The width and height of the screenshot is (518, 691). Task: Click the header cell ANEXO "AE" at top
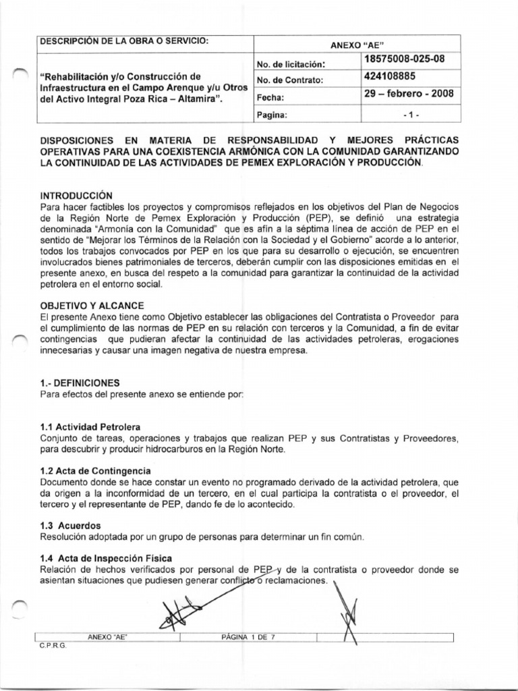[x=357, y=44]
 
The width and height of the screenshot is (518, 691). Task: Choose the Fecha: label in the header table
[x=269, y=97]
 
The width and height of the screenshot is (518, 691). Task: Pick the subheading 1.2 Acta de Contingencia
[x=95, y=470]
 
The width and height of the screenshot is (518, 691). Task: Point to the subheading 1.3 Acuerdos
[x=70, y=524]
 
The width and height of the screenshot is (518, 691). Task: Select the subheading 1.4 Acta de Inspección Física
[x=107, y=558]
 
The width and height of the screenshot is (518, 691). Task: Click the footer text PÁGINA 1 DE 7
[x=248, y=636]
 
